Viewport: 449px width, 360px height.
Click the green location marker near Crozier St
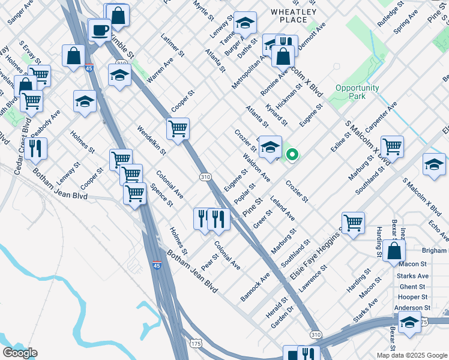tap(292, 155)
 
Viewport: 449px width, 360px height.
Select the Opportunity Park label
tap(357, 92)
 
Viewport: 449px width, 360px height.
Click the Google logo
tap(19, 353)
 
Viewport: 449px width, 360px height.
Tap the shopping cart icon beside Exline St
tap(392, 146)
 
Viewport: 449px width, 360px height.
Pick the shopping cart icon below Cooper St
tap(178, 128)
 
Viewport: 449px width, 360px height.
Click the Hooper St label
tap(412, 297)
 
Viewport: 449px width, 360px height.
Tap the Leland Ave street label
tap(282, 207)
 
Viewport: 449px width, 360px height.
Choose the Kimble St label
tap(120, 46)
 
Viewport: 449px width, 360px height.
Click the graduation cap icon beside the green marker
tap(270, 146)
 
